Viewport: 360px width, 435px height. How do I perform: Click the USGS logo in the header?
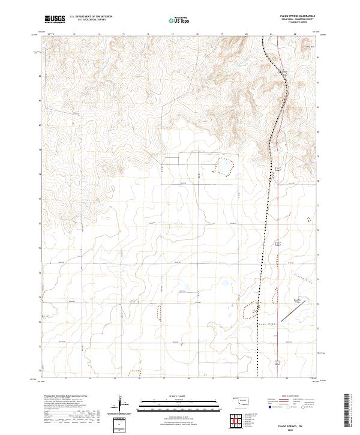[55, 19]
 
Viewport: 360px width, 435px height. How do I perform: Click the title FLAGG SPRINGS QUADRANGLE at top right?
[296, 16]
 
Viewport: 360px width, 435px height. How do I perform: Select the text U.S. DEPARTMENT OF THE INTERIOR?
[91, 16]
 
